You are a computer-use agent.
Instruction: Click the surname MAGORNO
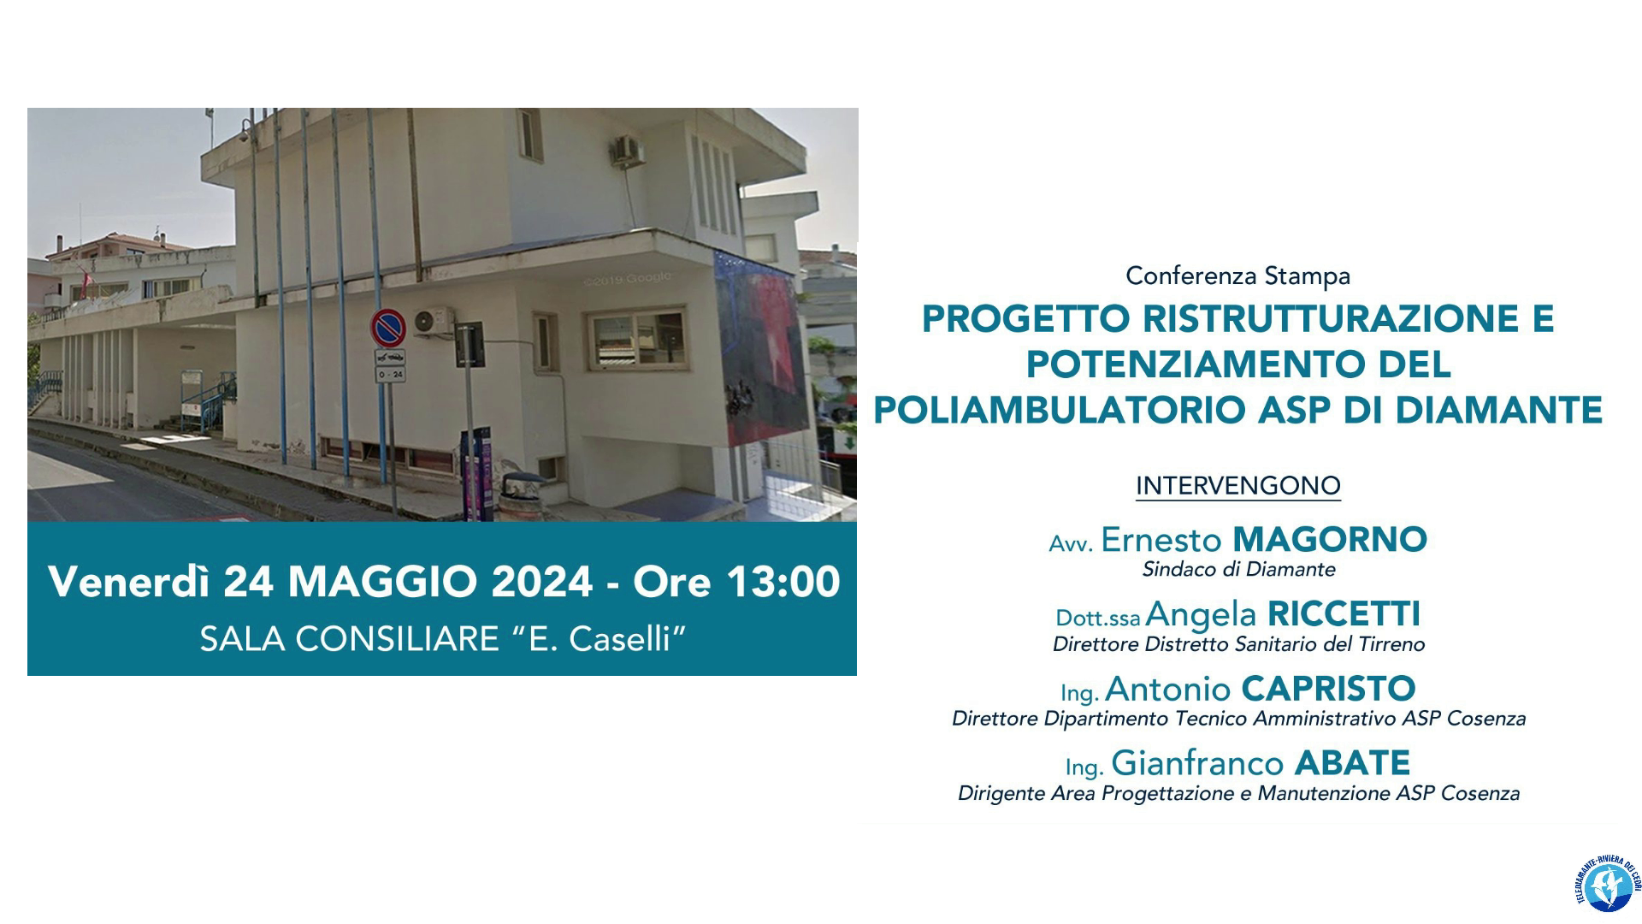[x=1330, y=540]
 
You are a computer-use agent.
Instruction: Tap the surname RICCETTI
[x=1344, y=614]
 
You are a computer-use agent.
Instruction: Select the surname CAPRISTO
[x=1328, y=689]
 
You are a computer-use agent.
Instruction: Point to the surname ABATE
[x=1352, y=763]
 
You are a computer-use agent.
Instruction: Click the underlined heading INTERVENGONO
[x=1237, y=486]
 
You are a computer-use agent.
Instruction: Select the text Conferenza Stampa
[x=1237, y=276]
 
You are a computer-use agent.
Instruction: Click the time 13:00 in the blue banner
[x=783, y=583]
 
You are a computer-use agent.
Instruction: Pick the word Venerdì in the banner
[x=133, y=583]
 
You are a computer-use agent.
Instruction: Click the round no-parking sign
[x=387, y=328]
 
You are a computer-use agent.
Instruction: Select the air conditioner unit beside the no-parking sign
[x=434, y=321]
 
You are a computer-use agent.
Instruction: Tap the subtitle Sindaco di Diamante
[x=1238, y=569]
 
